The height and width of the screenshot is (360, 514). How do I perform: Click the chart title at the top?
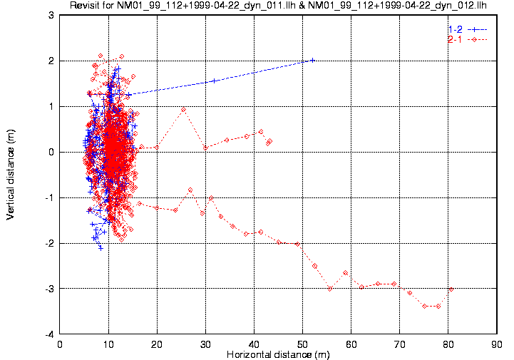click(277, 6)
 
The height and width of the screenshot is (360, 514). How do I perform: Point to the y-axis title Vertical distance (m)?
click(11, 175)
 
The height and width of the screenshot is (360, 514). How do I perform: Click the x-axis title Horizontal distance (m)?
click(277, 354)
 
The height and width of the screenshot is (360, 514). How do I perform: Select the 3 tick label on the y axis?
click(51, 15)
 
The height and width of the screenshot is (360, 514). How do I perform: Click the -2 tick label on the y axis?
click(49, 243)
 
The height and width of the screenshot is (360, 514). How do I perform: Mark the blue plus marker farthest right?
click(312, 60)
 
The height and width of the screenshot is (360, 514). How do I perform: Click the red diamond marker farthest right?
click(451, 289)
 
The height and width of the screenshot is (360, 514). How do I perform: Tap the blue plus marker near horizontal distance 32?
click(214, 81)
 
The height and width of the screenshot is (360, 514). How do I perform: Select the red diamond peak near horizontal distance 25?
click(183, 110)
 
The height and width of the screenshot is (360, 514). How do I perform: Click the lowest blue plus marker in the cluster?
click(101, 248)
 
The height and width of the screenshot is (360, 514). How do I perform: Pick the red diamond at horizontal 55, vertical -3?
click(330, 288)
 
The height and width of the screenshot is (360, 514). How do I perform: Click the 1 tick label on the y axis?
click(51, 106)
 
